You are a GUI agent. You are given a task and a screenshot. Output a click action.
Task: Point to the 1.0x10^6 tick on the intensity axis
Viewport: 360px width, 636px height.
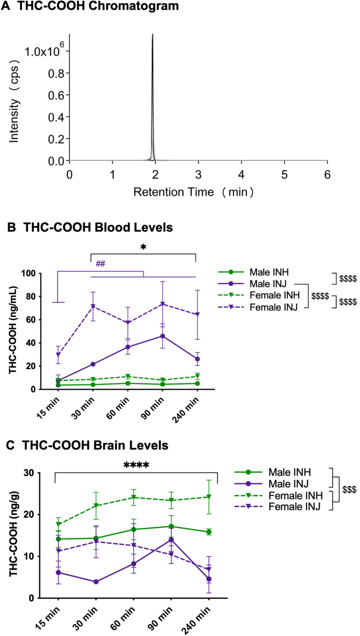(x=44, y=51)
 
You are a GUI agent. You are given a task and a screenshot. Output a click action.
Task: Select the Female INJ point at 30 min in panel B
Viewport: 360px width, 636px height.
(x=93, y=306)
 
